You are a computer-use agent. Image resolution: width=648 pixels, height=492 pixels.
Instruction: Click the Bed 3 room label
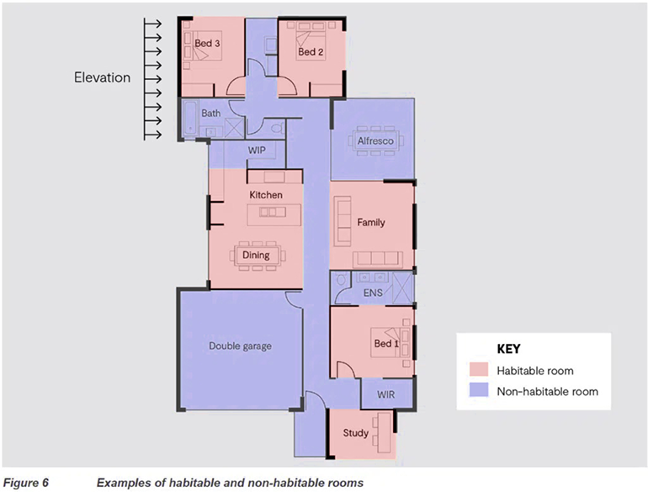[207, 43]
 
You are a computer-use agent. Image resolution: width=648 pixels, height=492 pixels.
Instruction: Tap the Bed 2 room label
[311, 51]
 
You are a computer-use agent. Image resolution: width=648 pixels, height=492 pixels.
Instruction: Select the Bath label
[210, 113]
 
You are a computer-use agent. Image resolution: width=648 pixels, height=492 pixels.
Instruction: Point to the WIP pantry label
[257, 150]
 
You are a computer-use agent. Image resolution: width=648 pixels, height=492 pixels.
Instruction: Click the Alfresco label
[375, 140]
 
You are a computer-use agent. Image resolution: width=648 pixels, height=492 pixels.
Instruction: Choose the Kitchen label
[266, 194]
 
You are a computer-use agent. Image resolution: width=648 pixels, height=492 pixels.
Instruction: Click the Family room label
[371, 222]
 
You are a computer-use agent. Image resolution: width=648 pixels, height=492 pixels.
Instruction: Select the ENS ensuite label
[373, 293]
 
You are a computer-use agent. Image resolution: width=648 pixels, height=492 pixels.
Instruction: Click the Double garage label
[240, 346]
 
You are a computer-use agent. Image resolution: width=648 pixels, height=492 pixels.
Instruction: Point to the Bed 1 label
[386, 343]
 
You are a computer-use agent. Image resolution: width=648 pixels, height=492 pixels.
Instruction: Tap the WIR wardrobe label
[385, 394]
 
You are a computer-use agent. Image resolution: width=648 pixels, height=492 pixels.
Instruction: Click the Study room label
[355, 433]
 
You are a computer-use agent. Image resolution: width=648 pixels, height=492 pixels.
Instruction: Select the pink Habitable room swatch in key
[479, 369]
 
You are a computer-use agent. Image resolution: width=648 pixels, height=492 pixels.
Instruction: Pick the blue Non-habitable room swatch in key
[479, 390]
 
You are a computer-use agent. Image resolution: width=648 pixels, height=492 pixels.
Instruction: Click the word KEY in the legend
[508, 349]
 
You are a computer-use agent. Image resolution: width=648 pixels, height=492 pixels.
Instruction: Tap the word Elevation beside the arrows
[102, 77]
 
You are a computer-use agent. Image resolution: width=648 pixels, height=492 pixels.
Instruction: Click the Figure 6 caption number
[25, 483]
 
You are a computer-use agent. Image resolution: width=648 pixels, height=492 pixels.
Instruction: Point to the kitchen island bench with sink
[274, 214]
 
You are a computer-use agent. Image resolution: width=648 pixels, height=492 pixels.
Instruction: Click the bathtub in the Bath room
[189, 118]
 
